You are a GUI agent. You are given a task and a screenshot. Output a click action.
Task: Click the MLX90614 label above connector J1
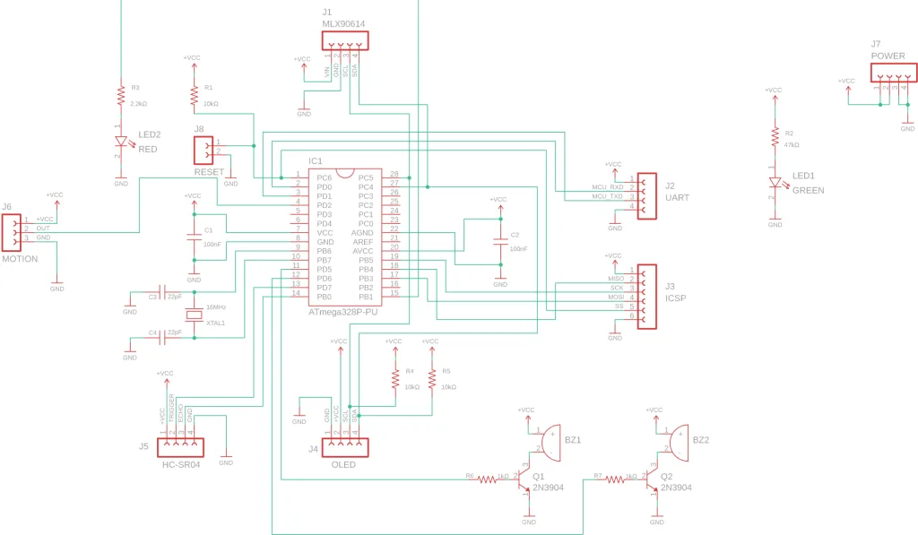coord(344,24)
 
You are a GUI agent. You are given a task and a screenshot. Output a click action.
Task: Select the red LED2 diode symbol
coord(121,142)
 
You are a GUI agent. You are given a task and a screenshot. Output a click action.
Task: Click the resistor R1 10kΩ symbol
coord(194,98)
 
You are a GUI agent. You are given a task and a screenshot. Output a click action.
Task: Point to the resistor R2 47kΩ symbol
coord(775,136)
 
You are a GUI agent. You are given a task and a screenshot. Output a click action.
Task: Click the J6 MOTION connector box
coord(11,232)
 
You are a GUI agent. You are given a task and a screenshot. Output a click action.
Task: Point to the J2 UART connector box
coord(646,193)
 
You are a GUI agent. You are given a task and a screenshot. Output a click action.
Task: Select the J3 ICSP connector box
coord(646,297)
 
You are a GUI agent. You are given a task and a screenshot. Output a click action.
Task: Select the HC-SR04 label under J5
coord(181,465)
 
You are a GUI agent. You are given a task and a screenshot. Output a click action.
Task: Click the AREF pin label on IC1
coord(362,242)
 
